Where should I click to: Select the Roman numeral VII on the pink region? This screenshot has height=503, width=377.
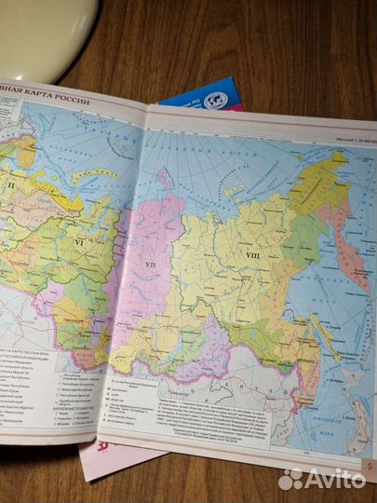[x=149, y=267]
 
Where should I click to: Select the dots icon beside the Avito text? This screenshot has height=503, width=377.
[x=291, y=478]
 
